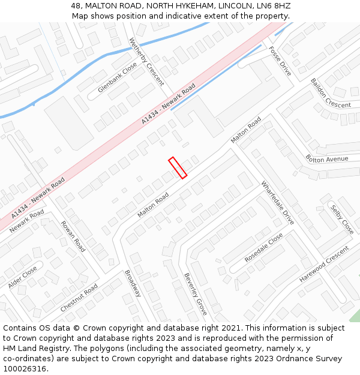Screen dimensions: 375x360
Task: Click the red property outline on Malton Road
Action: click(178, 167)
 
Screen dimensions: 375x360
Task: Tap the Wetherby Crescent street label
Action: click(146, 62)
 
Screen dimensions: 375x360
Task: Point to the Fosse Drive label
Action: click(280, 61)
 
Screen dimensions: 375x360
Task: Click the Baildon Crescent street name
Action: click(330, 93)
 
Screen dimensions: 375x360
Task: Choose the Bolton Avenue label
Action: click(326, 159)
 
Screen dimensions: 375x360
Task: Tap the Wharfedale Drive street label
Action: click(277, 203)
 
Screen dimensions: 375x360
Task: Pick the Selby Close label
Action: click(342, 220)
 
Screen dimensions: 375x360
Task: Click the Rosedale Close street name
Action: click(264, 248)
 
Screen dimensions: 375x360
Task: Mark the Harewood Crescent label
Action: click(324, 265)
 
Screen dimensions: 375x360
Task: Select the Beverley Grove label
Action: click(195, 294)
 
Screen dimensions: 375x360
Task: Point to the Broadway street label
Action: click(133, 283)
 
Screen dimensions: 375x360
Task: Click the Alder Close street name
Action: click(22, 277)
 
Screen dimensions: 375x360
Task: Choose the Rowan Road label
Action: click(73, 236)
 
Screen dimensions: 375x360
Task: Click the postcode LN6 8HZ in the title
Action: click(273, 5)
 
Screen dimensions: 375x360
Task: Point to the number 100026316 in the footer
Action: click(25, 368)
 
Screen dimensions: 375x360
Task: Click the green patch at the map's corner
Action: click(355, 316)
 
